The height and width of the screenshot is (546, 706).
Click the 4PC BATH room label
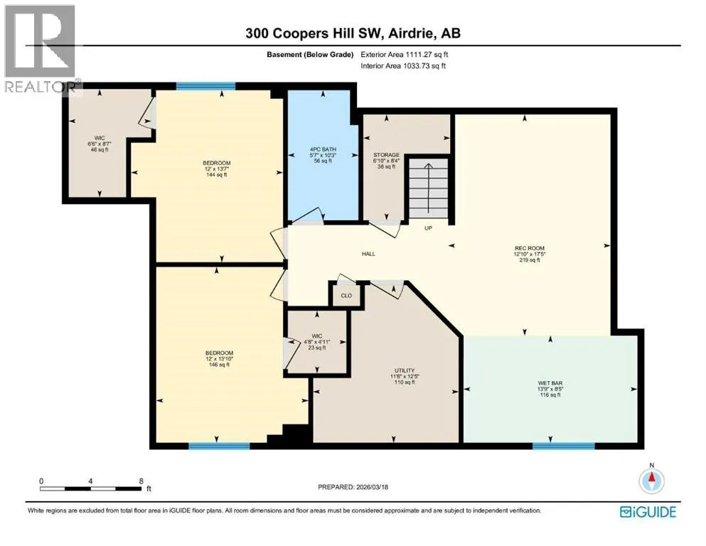click(x=323, y=149)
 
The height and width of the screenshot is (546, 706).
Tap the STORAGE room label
click(x=386, y=155)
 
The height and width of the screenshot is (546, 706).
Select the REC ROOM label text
click(x=530, y=248)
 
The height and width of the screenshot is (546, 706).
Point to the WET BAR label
click(x=550, y=383)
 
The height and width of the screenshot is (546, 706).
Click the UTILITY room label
click(x=405, y=370)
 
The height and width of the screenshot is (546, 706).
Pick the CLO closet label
click(x=346, y=296)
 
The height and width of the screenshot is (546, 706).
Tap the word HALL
click(x=368, y=254)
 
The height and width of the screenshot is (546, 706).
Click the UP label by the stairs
click(x=428, y=228)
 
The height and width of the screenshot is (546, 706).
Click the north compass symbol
click(x=651, y=481)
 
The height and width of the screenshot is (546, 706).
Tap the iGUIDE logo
click(x=648, y=512)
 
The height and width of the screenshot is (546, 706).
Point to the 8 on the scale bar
click(x=141, y=481)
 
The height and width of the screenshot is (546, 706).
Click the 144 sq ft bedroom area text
click(x=217, y=175)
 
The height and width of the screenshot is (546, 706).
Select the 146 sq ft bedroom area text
click(x=219, y=365)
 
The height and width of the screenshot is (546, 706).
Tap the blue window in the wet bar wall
click(x=564, y=446)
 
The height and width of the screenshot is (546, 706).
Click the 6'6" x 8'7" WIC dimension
click(x=100, y=144)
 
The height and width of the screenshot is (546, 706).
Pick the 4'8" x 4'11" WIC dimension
click(x=317, y=342)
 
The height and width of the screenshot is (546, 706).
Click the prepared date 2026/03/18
click(x=372, y=487)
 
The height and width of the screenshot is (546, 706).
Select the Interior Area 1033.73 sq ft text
click(x=403, y=65)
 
